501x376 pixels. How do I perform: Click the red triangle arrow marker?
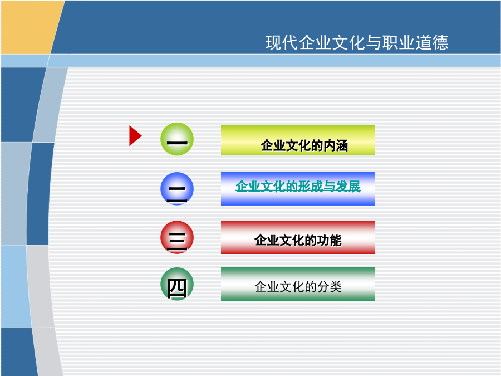click(x=135, y=136)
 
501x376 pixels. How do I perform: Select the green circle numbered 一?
click(x=177, y=139)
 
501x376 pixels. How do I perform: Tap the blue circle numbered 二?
click(x=177, y=189)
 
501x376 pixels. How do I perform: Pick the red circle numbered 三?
click(x=177, y=237)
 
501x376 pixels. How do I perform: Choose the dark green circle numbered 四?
click(x=177, y=284)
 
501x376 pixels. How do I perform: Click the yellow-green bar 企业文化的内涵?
click(x=298, y=140)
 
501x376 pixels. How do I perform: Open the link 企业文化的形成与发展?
click(x=298, y=187)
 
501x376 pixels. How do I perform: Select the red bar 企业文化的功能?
click(x=298, y=237)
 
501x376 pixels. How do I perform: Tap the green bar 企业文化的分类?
click(x=298, y=284)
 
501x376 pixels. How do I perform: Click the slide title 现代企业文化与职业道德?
click(x=357, y=42)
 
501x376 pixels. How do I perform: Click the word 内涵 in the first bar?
click(x=336, y=146)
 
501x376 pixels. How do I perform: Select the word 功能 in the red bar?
click(x=329, y=240)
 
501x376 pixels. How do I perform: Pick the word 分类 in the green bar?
click(x=330, y=287)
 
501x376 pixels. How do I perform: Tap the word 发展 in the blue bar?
click(x=348, y=187)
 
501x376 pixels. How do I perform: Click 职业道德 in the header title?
click(x=415, y=42)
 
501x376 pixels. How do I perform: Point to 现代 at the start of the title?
click(x=282, y=42)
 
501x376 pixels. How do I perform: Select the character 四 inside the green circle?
click(x=176, y=289)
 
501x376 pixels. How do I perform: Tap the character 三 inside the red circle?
click(x=176, y=241)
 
